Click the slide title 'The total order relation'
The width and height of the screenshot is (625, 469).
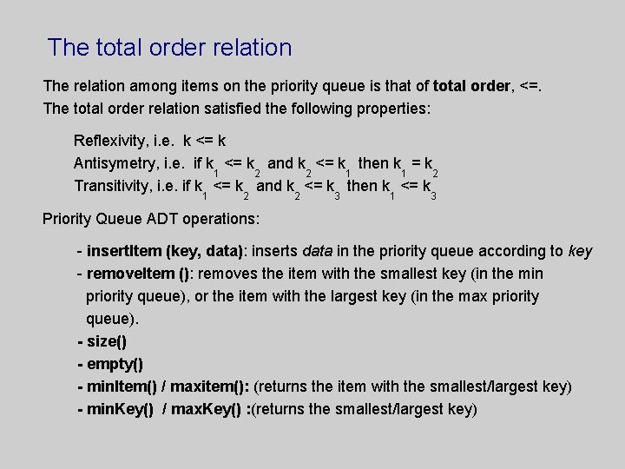coord(170,47)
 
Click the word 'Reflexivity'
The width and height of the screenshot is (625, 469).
coord(110,140)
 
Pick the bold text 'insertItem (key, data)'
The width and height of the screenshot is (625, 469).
coord(166,251)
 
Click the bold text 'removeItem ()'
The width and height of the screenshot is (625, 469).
coord(138,274)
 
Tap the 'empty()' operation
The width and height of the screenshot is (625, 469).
coord(115,364)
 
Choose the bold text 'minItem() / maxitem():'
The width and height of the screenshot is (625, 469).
coord(168,386)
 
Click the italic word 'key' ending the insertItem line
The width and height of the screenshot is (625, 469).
coord(580,251)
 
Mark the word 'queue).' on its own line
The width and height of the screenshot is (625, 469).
coord(112,319)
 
